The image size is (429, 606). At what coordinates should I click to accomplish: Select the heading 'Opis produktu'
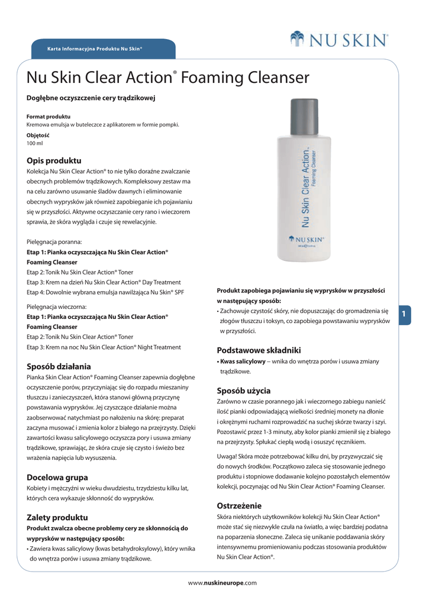[x=54, y=160]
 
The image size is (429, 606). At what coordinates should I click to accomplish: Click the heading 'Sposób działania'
[x=59, y=366]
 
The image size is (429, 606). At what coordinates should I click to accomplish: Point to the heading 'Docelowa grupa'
[x=57, y=477]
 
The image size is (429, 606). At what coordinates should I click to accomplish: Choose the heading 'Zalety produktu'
[x=57, y=517]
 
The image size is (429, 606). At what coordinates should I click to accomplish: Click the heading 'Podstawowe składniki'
[x=259, y=350]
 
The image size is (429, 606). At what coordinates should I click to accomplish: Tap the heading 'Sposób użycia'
[x=244, y=391]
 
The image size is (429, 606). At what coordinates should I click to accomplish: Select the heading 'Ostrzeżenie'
[x=239, y=505]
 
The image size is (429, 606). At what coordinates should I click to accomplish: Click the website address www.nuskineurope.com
[x=222, y=583]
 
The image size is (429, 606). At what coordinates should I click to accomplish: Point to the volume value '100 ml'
[x=35, y=143]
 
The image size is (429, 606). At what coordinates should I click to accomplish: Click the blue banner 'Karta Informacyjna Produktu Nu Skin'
[x=95, y=47]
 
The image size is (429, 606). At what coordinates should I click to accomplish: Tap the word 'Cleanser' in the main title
[x=275, y=78]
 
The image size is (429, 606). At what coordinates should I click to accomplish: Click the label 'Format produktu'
[x=49, y=117]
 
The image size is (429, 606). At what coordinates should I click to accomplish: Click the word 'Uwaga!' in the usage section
[x=230, y=456]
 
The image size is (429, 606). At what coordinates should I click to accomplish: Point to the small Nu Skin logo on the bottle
[x=308, y=240]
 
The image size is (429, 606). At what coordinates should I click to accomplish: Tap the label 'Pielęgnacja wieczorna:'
[x=57, y=307]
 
